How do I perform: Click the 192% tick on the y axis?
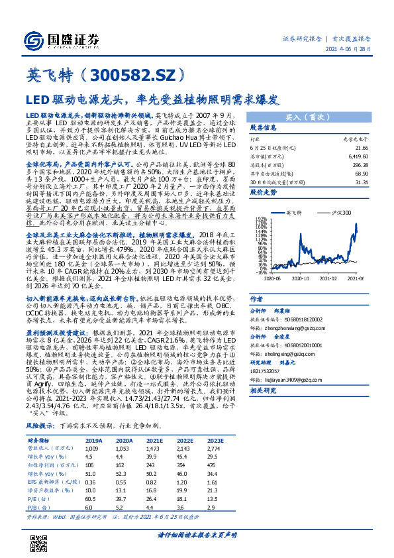point(261,217)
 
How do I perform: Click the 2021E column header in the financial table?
point(154,440)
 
